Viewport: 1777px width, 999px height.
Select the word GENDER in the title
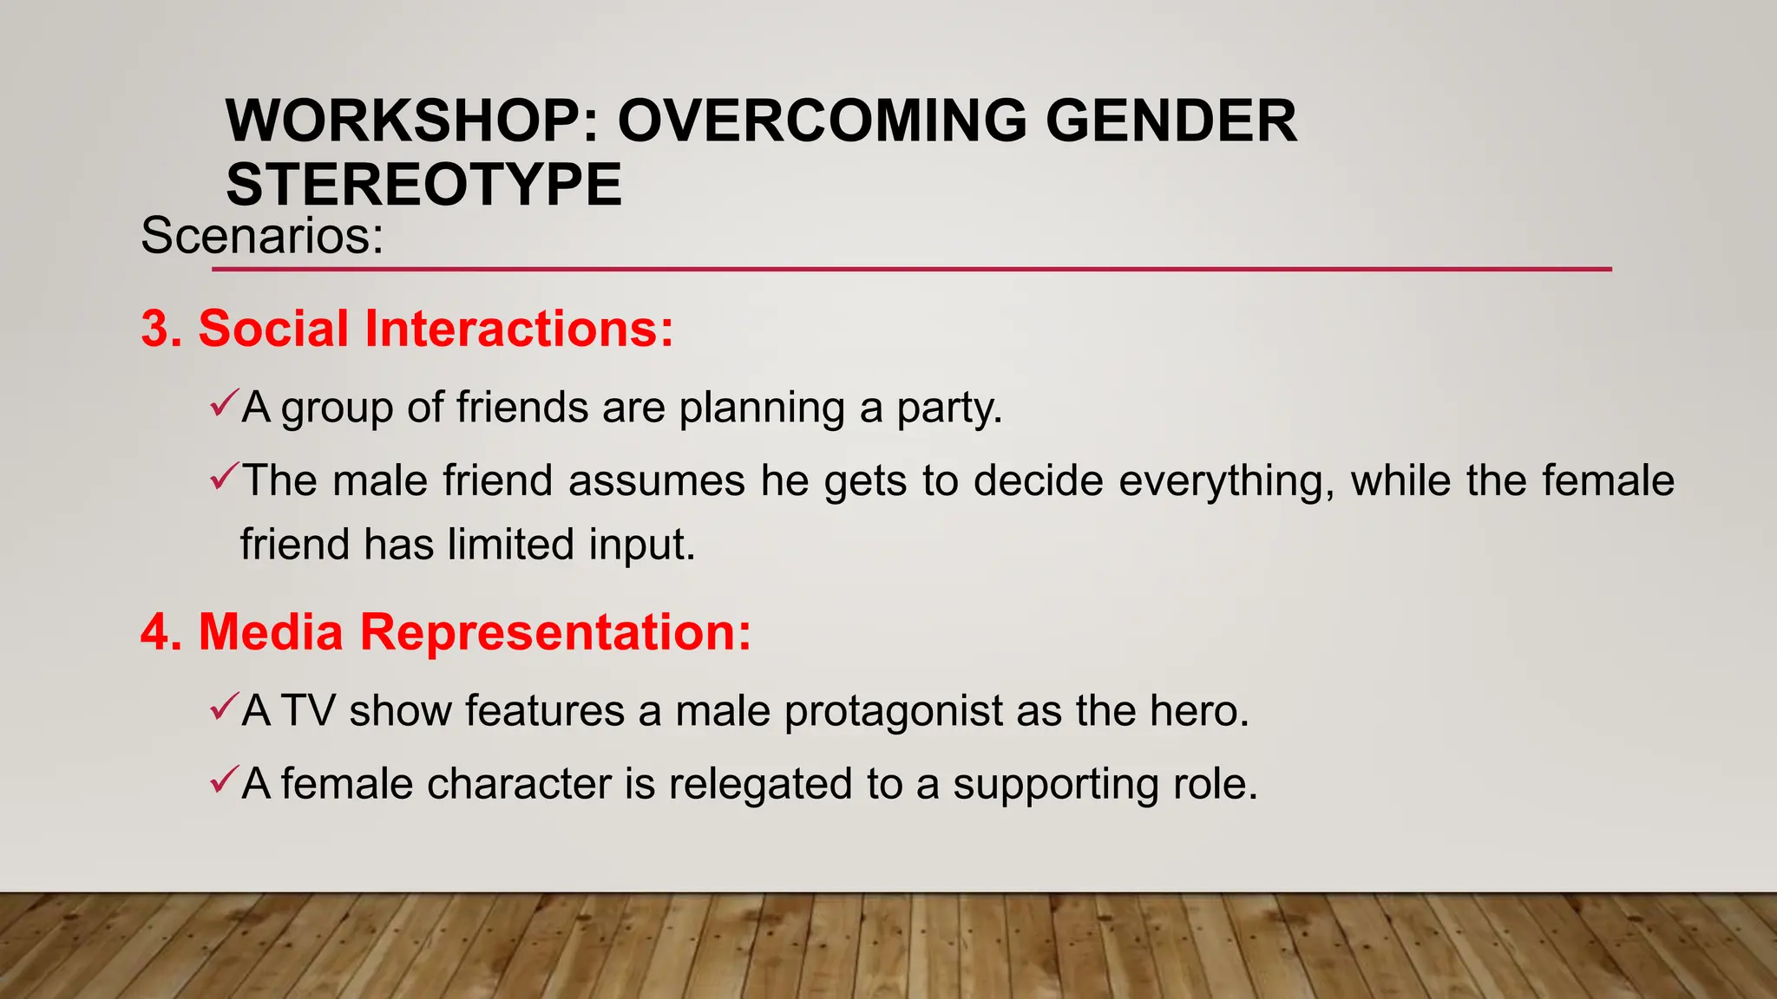click(x=1170, y=121)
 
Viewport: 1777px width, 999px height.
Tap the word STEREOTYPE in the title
click(x=423, y=185)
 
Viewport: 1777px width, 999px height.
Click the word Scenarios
click(x=261, y=236)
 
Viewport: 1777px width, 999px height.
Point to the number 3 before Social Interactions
click(x=155, y=330)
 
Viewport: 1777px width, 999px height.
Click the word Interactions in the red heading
click(x=518, y=330)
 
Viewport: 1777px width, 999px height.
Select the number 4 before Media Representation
click(x=155, y=632)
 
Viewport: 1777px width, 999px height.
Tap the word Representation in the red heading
click(x=555, y=632)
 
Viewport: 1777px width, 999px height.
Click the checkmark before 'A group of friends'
click(x=223, y=403)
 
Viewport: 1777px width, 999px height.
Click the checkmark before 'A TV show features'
click(x=223, y=707)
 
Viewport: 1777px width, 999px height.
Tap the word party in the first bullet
click(x=948, y=408)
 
